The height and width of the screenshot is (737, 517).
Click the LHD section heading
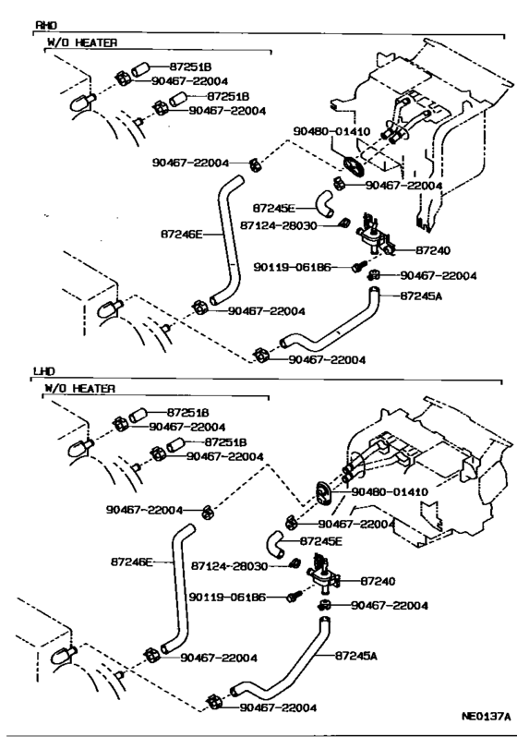[x=43, y=370]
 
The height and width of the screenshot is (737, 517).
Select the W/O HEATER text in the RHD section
[x=82, y=42]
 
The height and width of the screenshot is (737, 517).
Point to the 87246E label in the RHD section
[x=181, y=235]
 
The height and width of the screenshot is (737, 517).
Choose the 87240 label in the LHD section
[x=378, y=581]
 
